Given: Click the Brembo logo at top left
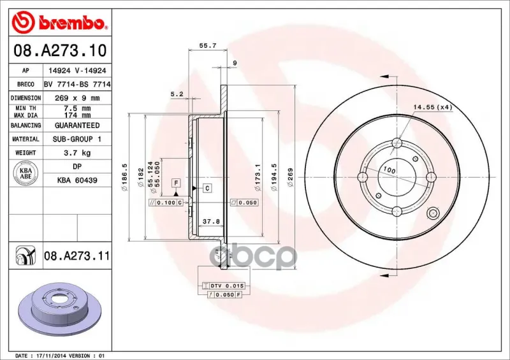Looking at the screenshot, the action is tap(59, 22).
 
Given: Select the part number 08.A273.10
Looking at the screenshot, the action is tap(60, 50).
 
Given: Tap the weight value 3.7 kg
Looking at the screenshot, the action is tap(77, 153).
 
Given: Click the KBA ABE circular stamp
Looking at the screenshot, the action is tap(26, 173).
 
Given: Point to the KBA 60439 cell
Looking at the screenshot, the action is tap(77, 180).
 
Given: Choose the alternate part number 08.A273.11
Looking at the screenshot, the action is tap(76, 256).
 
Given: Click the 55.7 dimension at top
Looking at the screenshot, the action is tap(208, 45).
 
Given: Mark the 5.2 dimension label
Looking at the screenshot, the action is tap(177, 94).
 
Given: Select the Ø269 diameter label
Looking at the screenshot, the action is tap(290, 177).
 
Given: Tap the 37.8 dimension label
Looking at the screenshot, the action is tap(212, 222).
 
